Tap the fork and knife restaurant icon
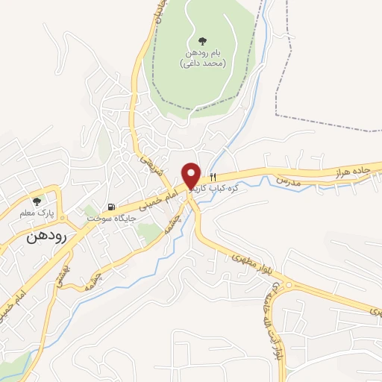tap(213, 178)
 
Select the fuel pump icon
tap(111, 207)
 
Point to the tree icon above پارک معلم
tap(37, 201)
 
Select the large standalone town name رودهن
tap(46, 237)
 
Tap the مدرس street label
tap(287, 180)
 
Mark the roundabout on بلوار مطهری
tap(287, 284)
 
